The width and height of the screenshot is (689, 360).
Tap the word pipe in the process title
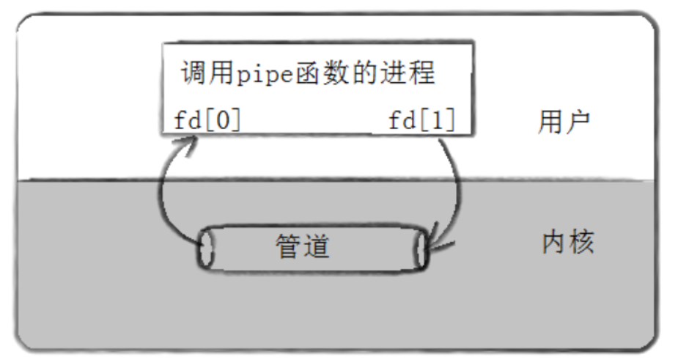(x=263, y=74)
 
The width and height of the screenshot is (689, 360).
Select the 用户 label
(x=564, y=122)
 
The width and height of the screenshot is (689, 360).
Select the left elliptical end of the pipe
(x=205, y=250)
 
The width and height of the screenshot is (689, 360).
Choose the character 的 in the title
(x=372, y=73)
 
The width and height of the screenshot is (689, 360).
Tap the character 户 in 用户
(x=580, y=122)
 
